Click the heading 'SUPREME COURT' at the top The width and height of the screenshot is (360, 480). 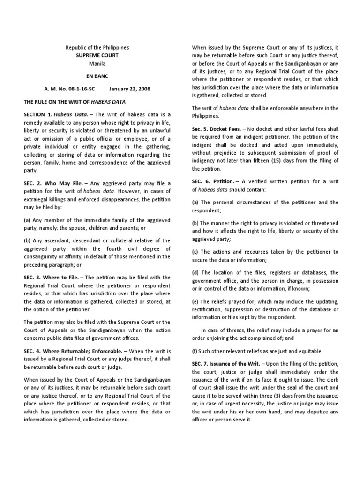click(97, 55)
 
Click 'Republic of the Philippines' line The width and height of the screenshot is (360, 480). click(97, 48)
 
